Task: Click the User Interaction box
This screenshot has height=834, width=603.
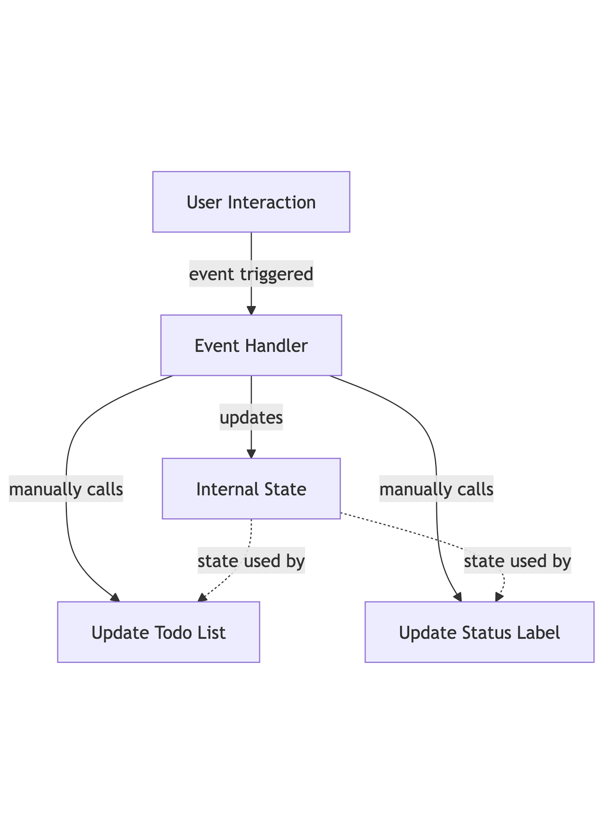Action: point(251,202)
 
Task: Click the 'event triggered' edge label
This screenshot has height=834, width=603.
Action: point(251,274)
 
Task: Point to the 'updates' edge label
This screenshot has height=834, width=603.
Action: point(251,417)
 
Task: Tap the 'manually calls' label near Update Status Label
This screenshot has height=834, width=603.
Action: point(436,489)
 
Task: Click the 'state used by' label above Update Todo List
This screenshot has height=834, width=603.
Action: point(251,561)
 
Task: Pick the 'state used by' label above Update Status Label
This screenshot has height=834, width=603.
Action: point(517,561)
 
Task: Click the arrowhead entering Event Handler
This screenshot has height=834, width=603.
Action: point(251,311)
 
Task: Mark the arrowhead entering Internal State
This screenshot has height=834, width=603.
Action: point(251,454)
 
